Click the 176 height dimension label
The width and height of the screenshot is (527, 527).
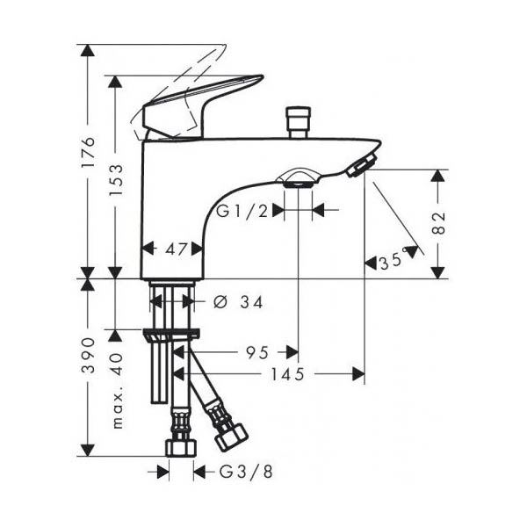[x=89, y=152]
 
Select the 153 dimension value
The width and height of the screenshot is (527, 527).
[x=116, y=180]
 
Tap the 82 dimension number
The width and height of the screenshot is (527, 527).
[x=438, y=223]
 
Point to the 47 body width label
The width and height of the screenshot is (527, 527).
[x=176, y=249]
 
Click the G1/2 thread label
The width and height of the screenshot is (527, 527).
[x=242, y=211]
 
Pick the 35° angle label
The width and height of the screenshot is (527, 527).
[x=392, y=261]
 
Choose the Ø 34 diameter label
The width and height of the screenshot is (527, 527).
[x=238, y=302]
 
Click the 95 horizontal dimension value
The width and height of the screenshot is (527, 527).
[x=257, y=352]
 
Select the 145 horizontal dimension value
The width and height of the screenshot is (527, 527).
[x=288, y=374]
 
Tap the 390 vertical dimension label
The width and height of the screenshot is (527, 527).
[x=89, y=356]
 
